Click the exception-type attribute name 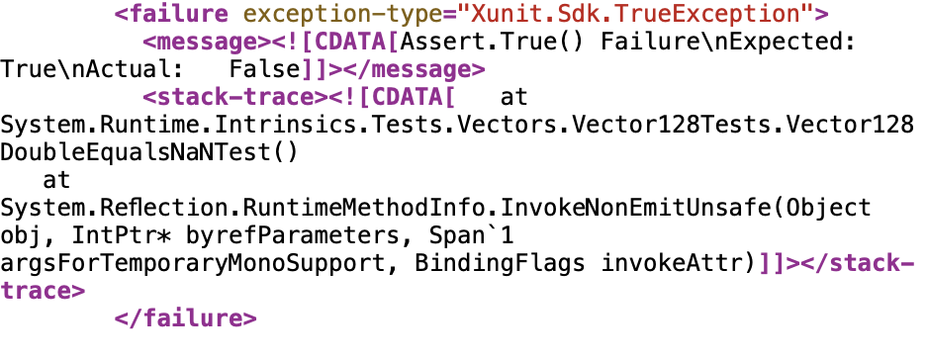click(343, 14)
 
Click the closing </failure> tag click(185, 318)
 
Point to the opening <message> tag click(207, 42)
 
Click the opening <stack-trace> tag click(235, 97)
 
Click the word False click(265, 69)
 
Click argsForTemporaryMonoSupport click(197, 263)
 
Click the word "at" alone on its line click(56, 180)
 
